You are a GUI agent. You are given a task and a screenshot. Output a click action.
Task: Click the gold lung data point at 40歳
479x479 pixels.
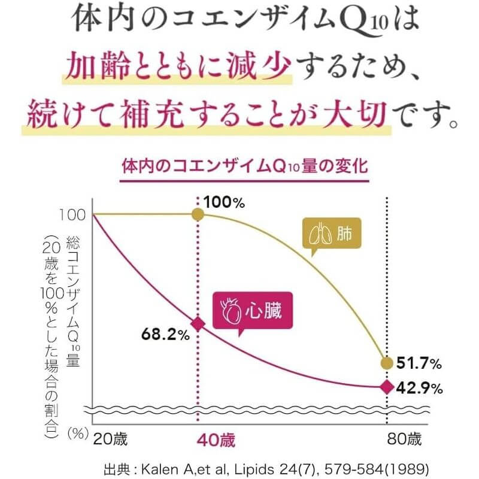coord(198,214)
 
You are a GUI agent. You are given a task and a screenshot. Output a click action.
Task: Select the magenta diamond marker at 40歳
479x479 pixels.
coord(198,324)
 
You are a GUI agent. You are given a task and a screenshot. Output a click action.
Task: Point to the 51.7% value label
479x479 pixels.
coord(419,363)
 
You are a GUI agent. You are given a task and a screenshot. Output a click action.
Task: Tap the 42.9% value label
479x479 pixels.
coord(419,388)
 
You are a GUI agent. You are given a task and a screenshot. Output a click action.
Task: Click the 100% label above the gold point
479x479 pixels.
coord(225,202)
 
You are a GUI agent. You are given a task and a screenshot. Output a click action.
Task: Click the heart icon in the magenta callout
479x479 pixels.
coord(230,311)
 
